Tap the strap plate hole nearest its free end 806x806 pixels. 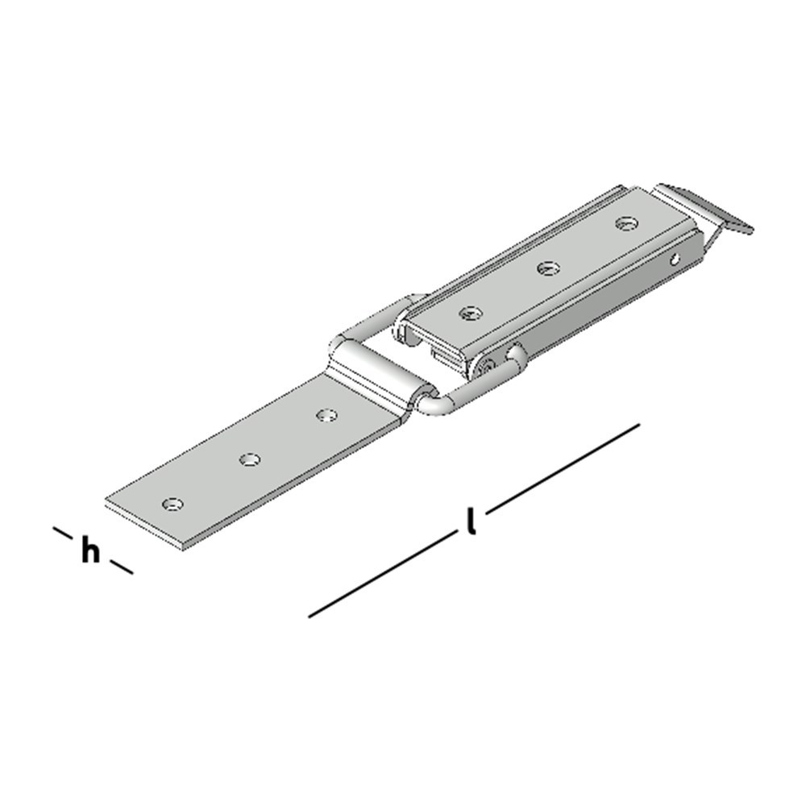pos(172,505)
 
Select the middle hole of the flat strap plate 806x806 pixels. pos(250,459)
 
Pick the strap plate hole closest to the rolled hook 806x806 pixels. pos(326,415)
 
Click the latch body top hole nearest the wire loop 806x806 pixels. pos(470,313)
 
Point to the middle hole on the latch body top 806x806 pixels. pos(548,268)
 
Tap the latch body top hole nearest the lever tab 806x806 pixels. pos(626,223)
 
